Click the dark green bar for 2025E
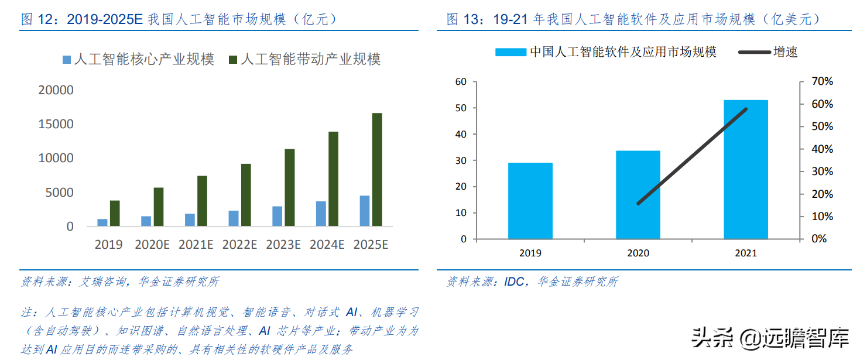click(x=377, y=170)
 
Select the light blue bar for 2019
click(x=102, y=222)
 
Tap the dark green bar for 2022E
click(x=246, y=195)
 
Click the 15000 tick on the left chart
click(x=57, y=124)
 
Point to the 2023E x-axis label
click(x=283, y=245)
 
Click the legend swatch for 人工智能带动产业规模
click(x=232, y=60)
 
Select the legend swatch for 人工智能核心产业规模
click(x=67, y=60)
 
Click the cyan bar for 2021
click(x=745, y=170)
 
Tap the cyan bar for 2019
click(x=530, y=201)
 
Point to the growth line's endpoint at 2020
click(x=638, y=203)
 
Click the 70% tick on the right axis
click(x=821, y=81)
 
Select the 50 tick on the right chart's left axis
click(x=461, y=108)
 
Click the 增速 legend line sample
click(x=753, y=52)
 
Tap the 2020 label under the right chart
click(x=638, y=253)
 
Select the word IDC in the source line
click(x=515, y=282)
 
